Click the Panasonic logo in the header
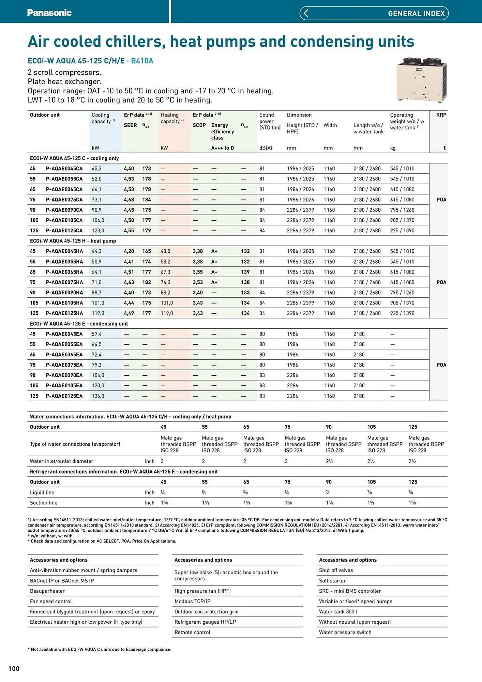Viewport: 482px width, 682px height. point(49,13)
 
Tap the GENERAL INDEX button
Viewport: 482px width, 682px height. point(374,13)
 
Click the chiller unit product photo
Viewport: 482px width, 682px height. point(422,80)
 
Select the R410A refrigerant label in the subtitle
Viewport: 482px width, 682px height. point(142,61)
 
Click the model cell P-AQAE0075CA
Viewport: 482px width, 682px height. point(64,199)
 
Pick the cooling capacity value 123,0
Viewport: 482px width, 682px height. point(98,231)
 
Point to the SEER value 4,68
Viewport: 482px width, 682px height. point(129,199)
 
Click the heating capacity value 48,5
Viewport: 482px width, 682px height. point(165,251)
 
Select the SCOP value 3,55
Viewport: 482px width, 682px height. point(198,272)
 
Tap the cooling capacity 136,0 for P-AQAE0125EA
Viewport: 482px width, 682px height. point(98,396)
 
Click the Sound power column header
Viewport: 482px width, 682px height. point(270,121)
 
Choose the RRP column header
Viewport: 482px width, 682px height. point(441,115)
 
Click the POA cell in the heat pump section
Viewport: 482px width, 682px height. point(441,282)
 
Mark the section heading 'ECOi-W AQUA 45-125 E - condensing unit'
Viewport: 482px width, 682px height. point(79,324)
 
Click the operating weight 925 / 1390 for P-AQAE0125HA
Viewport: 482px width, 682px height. point(402,313)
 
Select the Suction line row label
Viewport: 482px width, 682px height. point(44,503)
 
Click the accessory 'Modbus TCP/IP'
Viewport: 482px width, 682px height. point(192,601)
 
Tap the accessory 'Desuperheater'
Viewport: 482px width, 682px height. point(47,591)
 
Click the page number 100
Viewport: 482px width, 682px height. point(14,668)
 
